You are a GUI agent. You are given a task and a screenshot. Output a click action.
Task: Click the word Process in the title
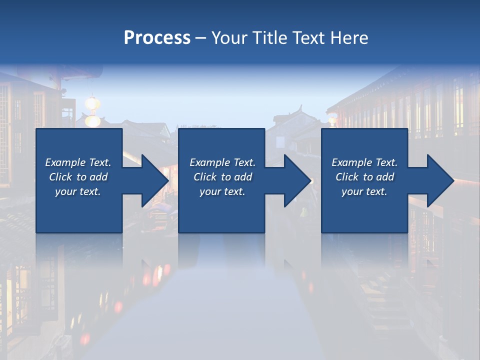coord(157,38)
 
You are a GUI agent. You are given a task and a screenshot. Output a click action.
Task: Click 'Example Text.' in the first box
coord(78,162)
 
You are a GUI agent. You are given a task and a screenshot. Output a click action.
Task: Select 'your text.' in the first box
coord(78,191)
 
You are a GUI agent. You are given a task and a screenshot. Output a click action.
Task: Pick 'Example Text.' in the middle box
coord(222,162)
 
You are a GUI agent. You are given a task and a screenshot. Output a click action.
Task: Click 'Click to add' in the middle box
coord(222,177)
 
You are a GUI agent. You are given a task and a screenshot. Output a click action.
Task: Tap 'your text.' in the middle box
coord(222,191)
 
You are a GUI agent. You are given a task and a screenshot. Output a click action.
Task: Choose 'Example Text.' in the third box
coord(364,162)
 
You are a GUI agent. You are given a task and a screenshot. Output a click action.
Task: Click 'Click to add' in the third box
coord(364,177)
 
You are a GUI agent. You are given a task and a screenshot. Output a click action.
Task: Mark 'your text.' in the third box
coord(364,191)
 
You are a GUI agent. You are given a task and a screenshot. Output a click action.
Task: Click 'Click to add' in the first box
coord(78,177)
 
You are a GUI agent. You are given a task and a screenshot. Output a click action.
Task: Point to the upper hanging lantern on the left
coord(92,103)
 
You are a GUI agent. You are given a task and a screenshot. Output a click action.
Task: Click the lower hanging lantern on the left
coord(92,120)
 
